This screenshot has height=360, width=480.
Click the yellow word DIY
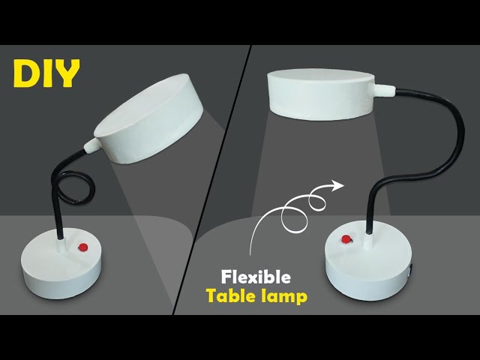(x=46, y=73)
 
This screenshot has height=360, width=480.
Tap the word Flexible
(x=256, y=277)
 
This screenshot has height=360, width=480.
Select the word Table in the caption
(x=230, y=296)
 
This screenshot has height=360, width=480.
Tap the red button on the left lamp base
(x=83, y=247)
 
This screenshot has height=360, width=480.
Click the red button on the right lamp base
(x=346, y=239)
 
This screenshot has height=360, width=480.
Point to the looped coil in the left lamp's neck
(x=76, y=188)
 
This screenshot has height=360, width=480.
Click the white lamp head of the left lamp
(x=148, y=118)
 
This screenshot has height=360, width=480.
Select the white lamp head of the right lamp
(x=321, y=94)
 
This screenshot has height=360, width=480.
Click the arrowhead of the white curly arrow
(x=338, y=185)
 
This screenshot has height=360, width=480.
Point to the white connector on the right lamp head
(x=385, y=91)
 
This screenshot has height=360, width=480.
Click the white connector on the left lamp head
(x=91, y=145)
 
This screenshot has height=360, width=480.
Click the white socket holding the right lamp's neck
(x=368, y=241)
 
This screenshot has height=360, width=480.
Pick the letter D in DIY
(x=25, y=73)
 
